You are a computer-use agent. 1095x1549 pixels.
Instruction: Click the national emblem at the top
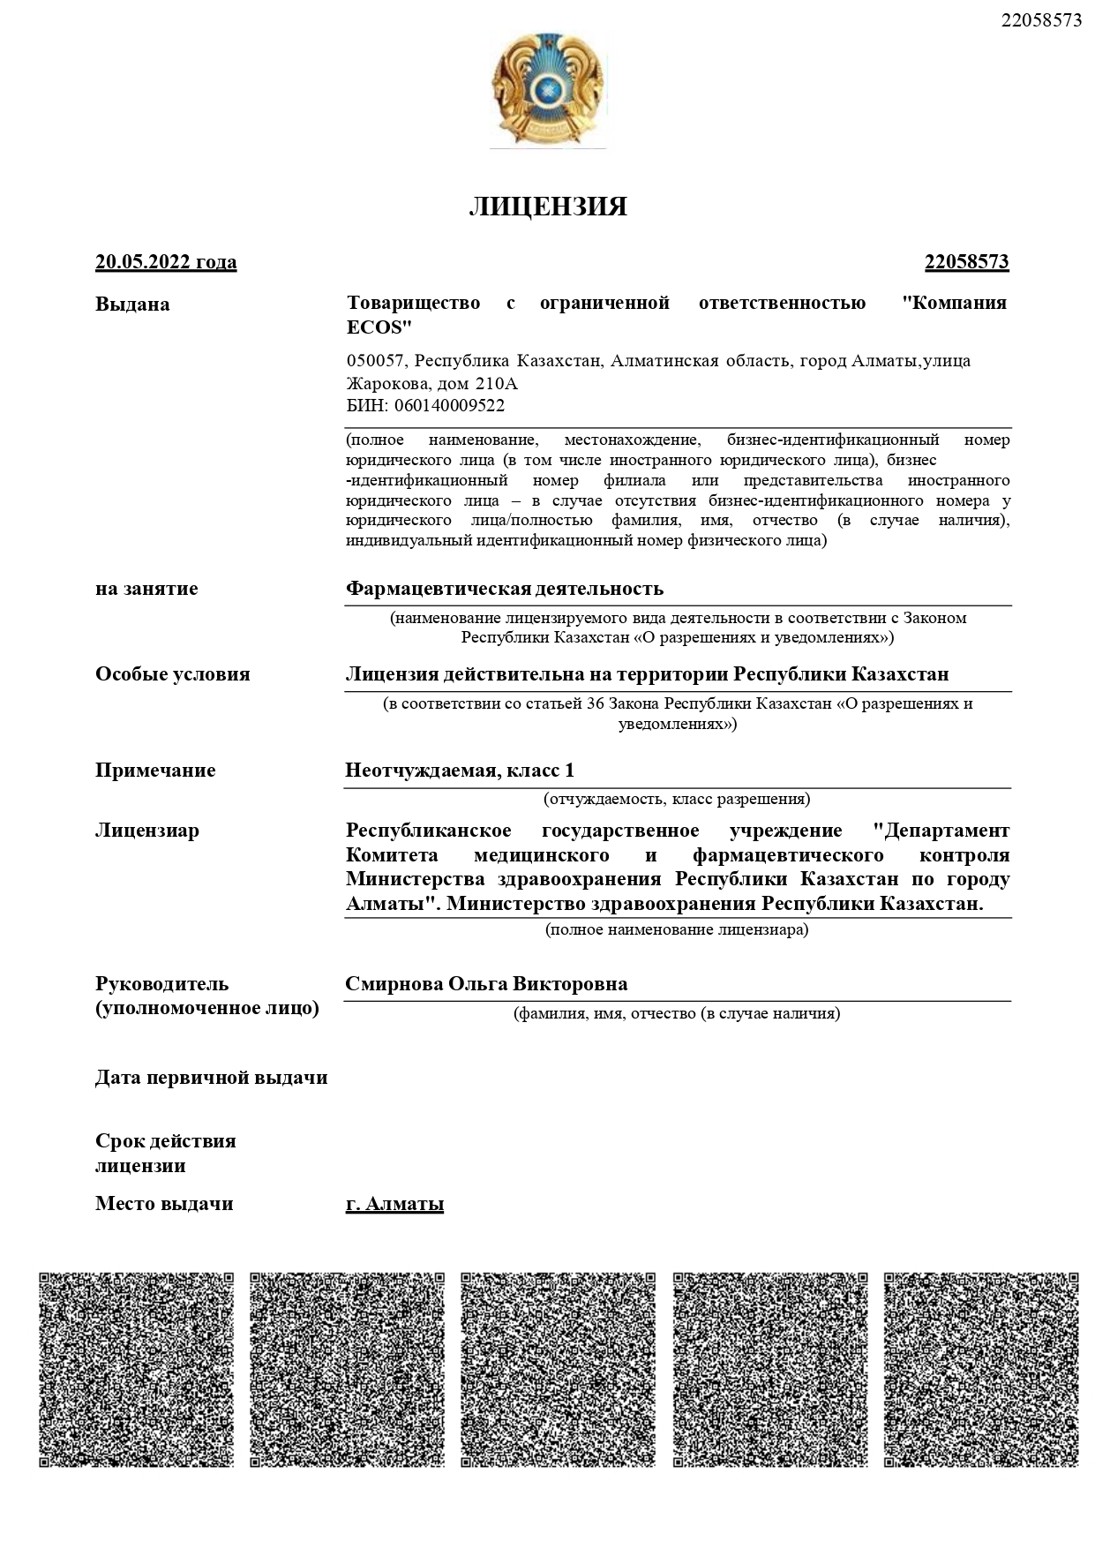(548, 89)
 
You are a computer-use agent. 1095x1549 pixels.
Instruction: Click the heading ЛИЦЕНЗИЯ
(548, 207)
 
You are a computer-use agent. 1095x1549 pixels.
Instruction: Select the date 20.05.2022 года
(166, 262)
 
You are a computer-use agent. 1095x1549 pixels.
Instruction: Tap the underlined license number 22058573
(966, 262)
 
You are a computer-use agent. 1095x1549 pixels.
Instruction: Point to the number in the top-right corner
(1041, 20)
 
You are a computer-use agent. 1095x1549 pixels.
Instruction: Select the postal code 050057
(375, 361)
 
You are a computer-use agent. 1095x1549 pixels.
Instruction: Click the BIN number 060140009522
(449, 406)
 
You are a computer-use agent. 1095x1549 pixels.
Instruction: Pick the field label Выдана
(132, 305)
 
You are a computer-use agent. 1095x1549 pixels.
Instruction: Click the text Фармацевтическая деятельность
(504, 589)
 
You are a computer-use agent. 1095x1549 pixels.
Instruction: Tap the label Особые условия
(173, 674)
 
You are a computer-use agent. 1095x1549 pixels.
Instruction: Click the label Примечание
(155, 771)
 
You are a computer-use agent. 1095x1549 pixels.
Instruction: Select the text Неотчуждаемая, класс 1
(460, 771)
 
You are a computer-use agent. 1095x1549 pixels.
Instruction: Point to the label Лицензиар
(147, 831)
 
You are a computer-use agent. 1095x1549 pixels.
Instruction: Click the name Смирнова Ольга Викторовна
(486, 984)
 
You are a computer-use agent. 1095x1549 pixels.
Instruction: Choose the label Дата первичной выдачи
(212, 1078)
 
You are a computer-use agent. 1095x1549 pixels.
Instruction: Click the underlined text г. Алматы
(394, 1204)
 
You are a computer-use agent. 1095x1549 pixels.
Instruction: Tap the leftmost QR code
(137, 1369)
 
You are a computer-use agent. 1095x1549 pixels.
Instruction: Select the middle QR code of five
(558, 1369)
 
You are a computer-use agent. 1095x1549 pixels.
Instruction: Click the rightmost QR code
(980, 1369)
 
